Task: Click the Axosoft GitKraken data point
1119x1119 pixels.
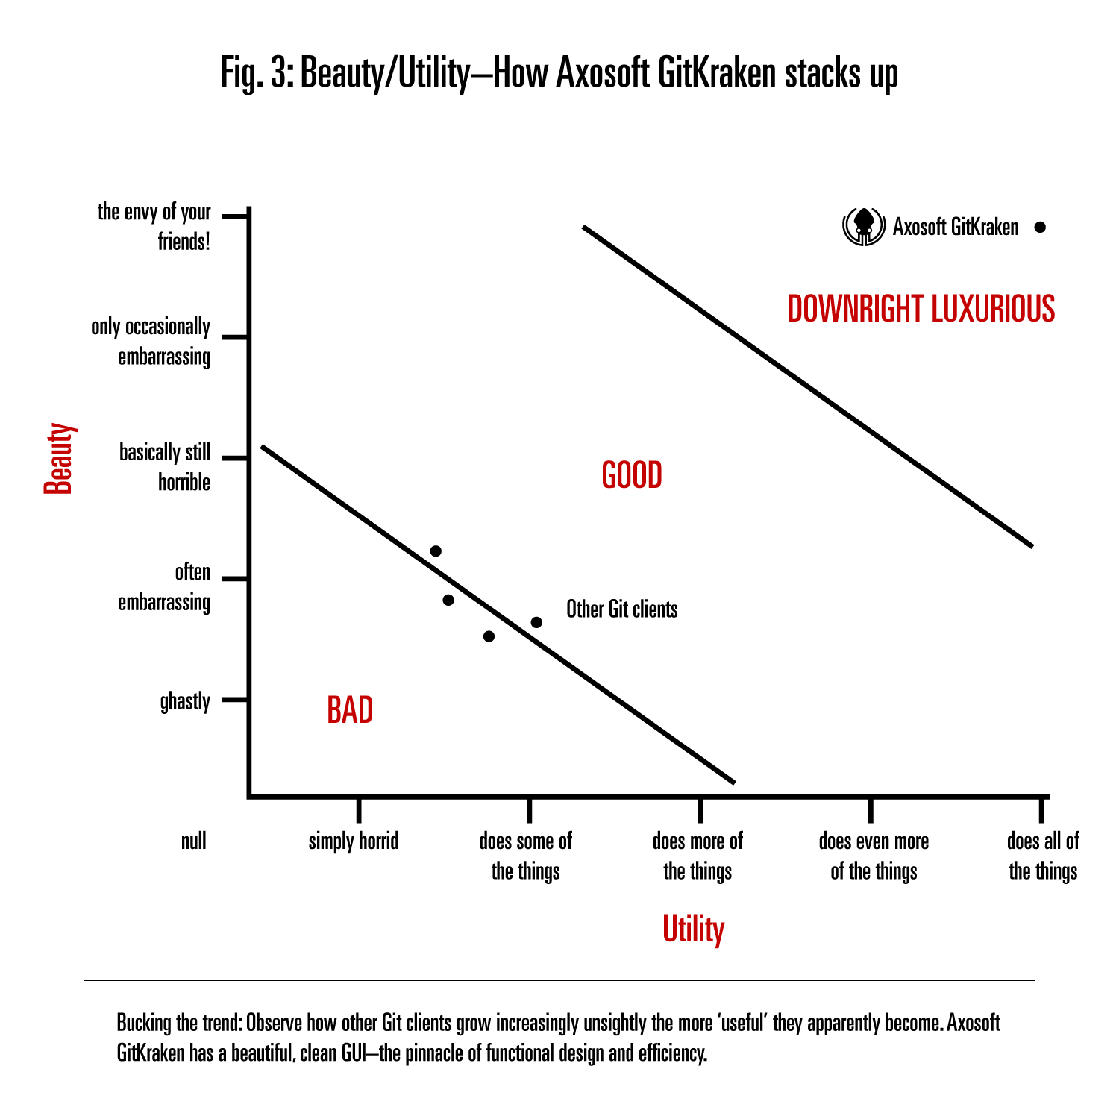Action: [1040, 228]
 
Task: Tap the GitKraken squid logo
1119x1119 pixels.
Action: [863, 226]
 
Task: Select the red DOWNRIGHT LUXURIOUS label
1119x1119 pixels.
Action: [921, 309]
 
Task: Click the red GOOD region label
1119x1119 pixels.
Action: [632, 476]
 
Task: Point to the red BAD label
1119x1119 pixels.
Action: [350, 710]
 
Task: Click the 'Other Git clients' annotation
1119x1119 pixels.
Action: [621, 609]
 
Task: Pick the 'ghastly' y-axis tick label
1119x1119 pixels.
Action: [185, 701]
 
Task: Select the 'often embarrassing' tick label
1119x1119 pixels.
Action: [165, 587]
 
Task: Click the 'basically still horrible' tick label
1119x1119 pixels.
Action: [165, 467]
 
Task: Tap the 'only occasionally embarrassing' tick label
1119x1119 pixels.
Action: [151, 342]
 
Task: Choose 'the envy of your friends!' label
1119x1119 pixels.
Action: [154, 227]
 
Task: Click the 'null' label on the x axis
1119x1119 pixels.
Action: [194, 841]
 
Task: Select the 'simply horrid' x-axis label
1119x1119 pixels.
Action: [354, 841]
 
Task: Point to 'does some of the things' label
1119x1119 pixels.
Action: [525, 856]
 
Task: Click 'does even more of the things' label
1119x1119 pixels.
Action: [874, 856]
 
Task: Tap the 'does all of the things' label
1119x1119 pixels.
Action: [1043, 856]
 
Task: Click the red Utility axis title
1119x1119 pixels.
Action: [693, 930]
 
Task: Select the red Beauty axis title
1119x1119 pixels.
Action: [60, 458]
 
